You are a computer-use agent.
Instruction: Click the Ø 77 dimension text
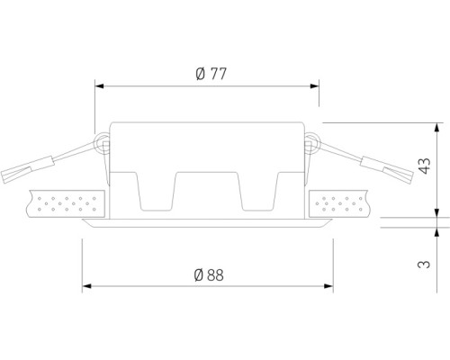tap(208, 75)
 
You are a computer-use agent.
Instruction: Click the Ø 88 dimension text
tap(208, 276)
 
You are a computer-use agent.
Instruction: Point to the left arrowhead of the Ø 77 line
tap(100, 87)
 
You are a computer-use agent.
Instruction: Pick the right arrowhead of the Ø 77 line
tap(315, 87)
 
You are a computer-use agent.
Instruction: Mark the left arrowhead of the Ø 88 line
tap(87, 288)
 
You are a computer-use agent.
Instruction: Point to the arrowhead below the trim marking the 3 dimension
tap(437, 226)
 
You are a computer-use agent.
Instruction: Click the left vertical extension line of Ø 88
tap(83, 261)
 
